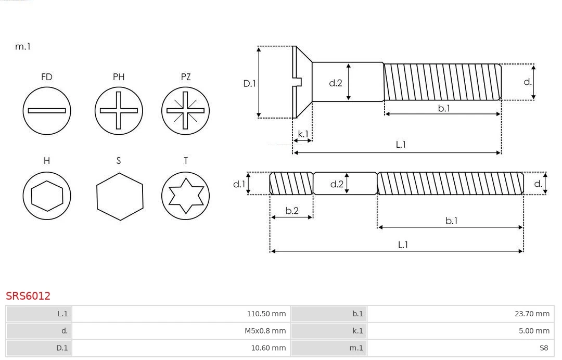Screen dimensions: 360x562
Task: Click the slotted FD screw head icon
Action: click(x=47, y=110)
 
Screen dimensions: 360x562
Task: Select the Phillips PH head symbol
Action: click(x=119, y=110)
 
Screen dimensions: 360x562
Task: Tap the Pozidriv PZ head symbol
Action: click(x=185, y=110)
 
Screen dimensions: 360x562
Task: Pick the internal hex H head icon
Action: click(x=47, y=196)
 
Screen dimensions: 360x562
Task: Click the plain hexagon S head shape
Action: click(x=119, y=196)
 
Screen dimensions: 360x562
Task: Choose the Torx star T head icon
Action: click(x=185, y=196)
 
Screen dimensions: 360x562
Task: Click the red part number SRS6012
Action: click(x=28, y=295)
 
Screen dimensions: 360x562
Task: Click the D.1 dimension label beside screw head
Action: click(x=250, y=83)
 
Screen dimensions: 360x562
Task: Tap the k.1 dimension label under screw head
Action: click(x=303, y=134)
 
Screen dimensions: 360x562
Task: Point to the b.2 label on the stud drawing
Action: click(x=292, y=211)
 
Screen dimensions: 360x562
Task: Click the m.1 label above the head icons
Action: click(x=23, y=46)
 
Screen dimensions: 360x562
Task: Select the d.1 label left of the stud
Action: click(x=239, y=184)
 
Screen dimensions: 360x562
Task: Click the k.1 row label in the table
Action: click(x=357, y=331)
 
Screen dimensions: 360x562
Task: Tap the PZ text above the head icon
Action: click(x=185, y=77)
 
